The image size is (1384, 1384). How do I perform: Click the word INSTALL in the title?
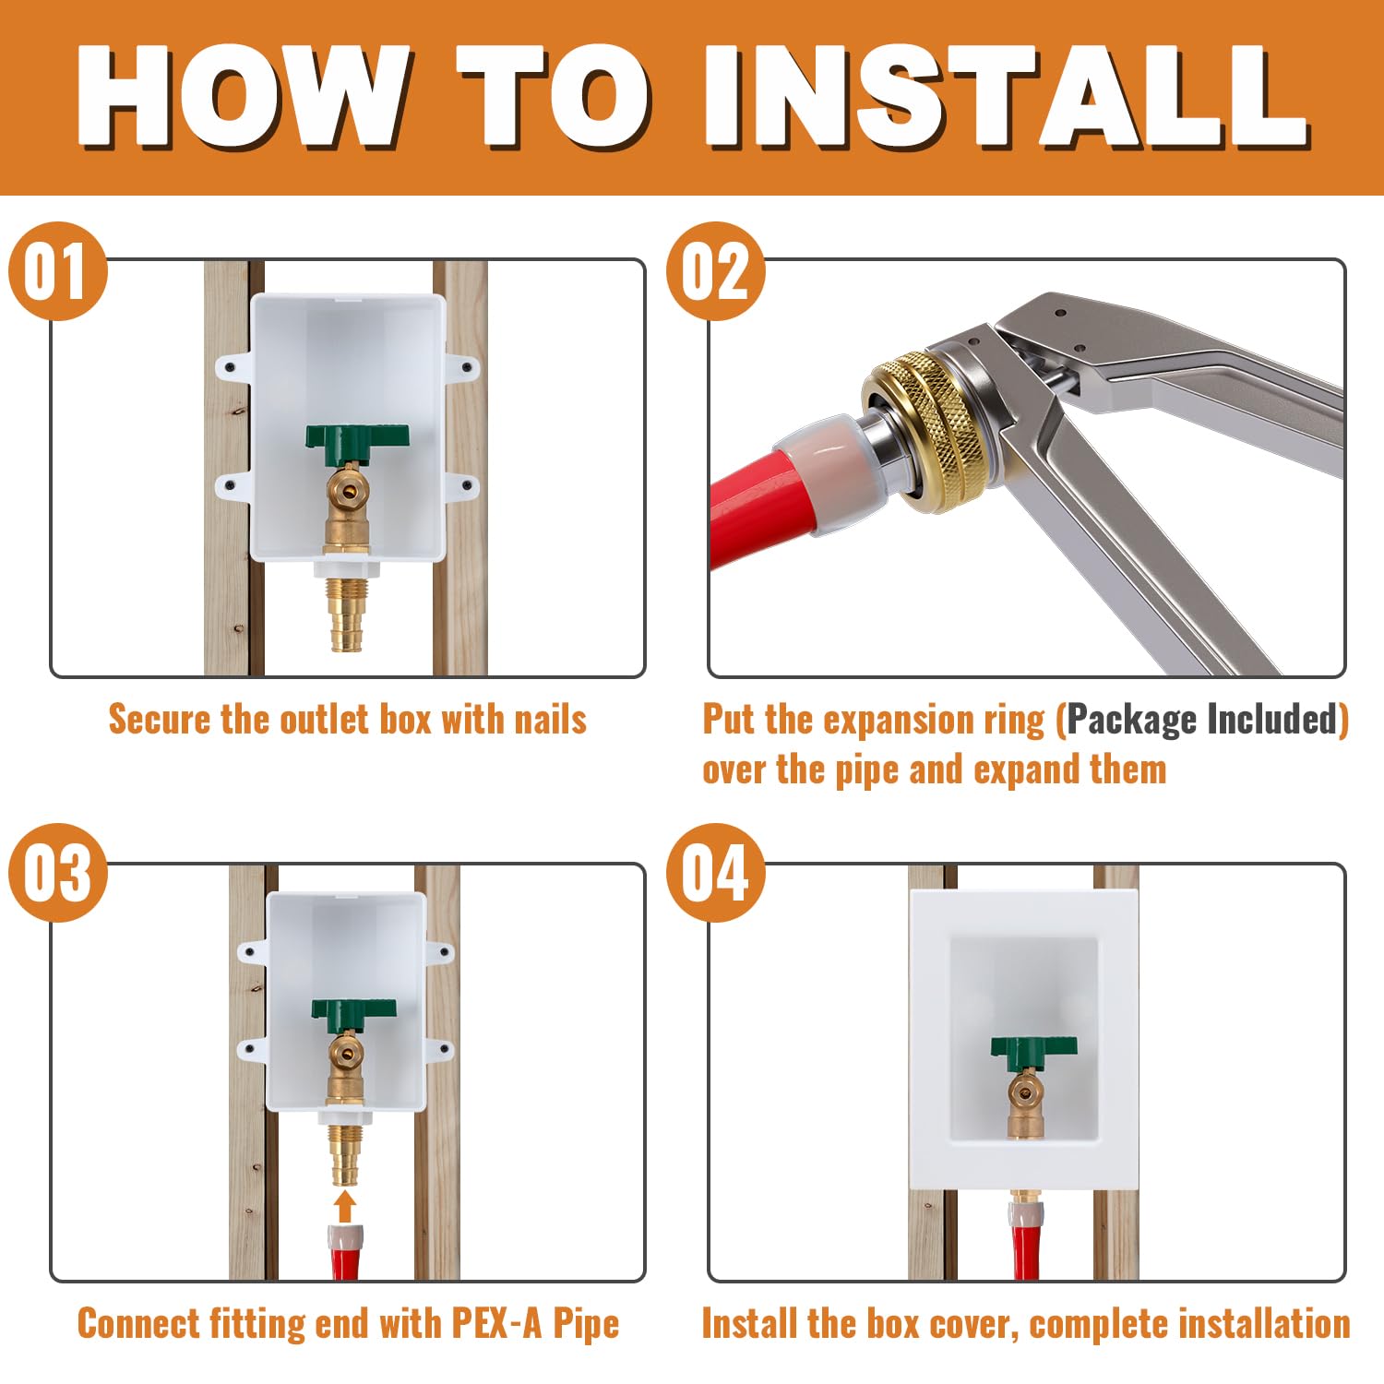coord(1006,97)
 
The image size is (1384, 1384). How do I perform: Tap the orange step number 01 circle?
coord(57,271)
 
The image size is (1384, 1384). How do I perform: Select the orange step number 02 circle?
coord(715,271)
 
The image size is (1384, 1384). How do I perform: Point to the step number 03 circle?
coord(57,873)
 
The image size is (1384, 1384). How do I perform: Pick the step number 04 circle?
coord(715,873)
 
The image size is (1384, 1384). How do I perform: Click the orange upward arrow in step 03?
coord(345,1205)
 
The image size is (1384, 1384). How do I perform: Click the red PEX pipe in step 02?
coord(747,517)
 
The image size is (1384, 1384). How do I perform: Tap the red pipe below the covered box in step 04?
coord(1024,1246)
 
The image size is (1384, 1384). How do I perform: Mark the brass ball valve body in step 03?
coord(347,1056)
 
